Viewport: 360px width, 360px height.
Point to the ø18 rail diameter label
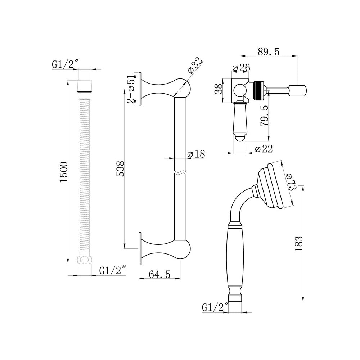[196, 154]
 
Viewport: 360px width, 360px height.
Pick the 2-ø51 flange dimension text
[131, 89]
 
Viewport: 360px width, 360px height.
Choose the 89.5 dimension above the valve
[268, 51]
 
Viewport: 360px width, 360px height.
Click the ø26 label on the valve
[241, 68]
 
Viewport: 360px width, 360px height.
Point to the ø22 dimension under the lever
[263, 149]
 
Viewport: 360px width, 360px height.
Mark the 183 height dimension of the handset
[299, 244]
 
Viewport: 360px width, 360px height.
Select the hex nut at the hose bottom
[85, 260]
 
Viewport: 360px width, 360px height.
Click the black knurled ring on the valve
[257, 90]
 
